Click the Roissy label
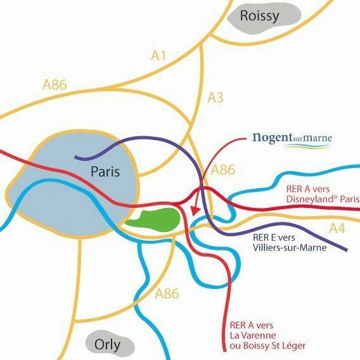(260, 16)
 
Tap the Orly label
(108, 345)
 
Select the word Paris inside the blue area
(105, 171)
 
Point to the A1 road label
(158, 56)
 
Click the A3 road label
(215, 98)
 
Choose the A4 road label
(337, 228)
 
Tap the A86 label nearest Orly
(167, 293)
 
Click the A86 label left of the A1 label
(55, 85)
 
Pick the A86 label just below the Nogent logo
(223, 170)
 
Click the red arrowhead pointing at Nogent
(195, 210)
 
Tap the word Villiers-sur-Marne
(290, 248)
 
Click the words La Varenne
(252, 335)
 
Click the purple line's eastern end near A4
(346, 250)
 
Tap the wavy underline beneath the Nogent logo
(307, 146)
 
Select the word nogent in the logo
(273, 138)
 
